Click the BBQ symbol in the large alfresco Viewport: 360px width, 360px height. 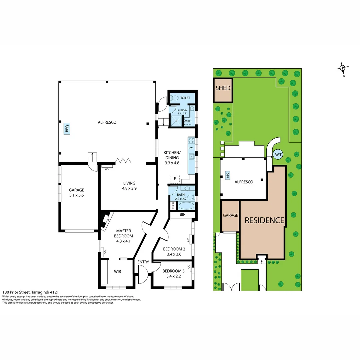point(67,129)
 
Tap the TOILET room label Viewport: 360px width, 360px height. point(185,98)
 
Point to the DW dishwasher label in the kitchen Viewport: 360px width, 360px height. point(191,148)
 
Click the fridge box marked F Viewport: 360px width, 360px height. point(175,179)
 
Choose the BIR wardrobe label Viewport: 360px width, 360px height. point(182,215)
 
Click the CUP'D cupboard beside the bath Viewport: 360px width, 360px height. point(173,206)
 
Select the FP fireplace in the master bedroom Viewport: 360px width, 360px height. point(107,219)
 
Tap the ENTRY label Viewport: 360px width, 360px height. point(143,262)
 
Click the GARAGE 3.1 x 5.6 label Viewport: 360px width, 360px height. point(76,193)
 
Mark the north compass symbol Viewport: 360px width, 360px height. point(343,69)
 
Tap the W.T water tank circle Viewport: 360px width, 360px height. point(278,154)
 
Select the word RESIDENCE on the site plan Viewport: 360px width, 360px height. point(265,220)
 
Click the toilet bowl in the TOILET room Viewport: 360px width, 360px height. point(174,98)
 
